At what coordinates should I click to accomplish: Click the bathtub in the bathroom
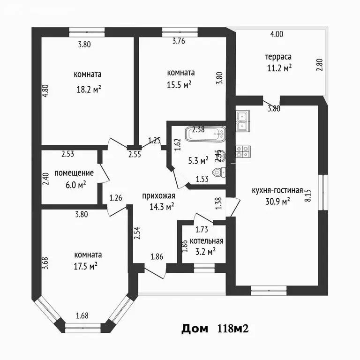coord(205,135)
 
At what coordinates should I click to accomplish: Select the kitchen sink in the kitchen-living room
coord(243,120)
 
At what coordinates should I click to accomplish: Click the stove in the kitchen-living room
coord(243,151)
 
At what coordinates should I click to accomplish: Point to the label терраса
coord(278,57)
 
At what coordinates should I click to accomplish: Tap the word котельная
coord(203,241)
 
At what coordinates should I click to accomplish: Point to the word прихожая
coord(158,195)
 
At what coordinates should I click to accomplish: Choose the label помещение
coord(74,173)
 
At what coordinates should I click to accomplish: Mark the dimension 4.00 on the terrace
coord(277,34)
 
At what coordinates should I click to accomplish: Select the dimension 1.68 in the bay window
coord(83,315)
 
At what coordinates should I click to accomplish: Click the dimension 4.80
coord(45,90)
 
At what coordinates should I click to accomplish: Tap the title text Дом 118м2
coord(214,329)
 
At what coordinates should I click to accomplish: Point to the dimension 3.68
coord(45,262)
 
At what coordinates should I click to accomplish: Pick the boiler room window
coord(203,268)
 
